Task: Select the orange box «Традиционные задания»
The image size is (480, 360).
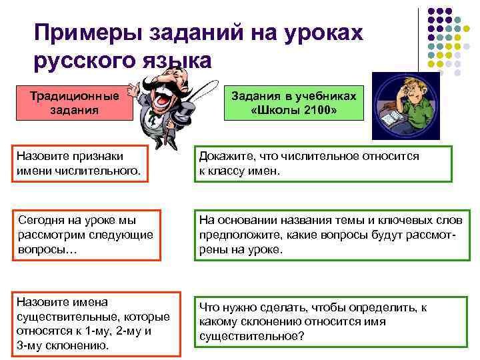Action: [75, 102]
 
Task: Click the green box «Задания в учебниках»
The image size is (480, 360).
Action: [294, 102]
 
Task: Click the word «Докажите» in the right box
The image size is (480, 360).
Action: [225, 157]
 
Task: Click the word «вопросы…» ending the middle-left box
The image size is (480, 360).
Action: [47, 250]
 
